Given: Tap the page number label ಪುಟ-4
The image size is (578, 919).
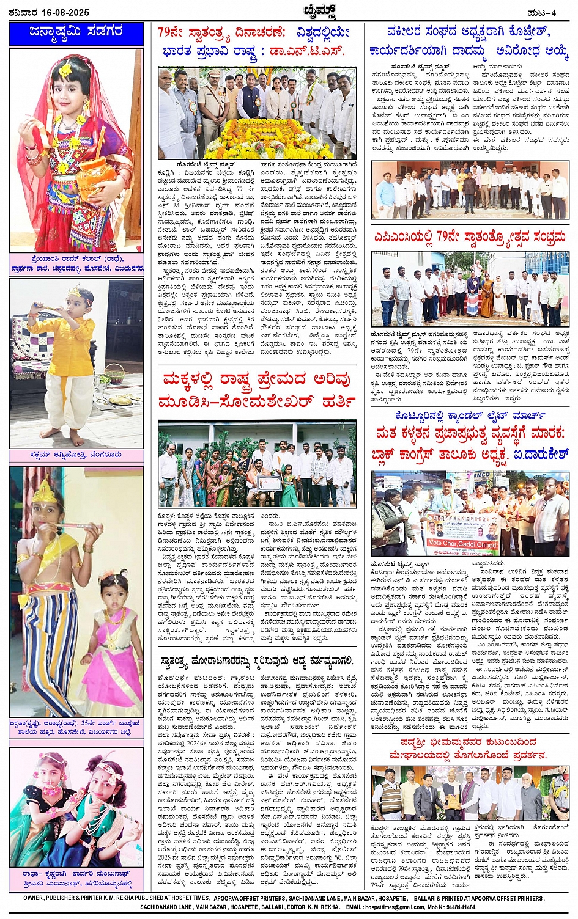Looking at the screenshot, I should tap(541, 12).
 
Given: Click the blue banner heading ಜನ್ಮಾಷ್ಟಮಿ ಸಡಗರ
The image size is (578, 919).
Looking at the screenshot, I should tap(76, 33).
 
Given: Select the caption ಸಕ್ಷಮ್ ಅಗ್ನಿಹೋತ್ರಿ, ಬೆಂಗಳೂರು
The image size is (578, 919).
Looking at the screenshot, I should tap(75, 455).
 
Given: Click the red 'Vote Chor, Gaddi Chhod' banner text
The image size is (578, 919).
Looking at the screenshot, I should tap(462, 543).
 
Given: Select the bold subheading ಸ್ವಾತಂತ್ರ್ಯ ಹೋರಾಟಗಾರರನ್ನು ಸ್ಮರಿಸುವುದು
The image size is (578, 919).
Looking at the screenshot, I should tap(233, 661).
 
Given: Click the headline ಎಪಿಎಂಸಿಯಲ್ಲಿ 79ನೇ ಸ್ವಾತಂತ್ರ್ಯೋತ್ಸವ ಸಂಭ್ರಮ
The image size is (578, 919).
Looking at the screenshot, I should tap(470, 236).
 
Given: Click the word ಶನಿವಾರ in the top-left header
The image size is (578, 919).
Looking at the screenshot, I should tap(22, 12).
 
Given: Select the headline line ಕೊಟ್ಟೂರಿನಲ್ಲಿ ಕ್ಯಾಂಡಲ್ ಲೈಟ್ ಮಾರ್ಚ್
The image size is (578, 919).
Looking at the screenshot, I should tap(470, 416).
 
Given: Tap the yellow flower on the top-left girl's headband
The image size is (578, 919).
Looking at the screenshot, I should tap(65, 70).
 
